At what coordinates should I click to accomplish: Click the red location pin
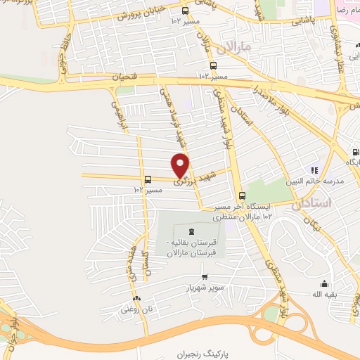pos(181,165)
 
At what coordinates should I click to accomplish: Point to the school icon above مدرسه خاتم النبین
pos(315,169)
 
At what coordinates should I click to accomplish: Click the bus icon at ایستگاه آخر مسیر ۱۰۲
pos(242,196)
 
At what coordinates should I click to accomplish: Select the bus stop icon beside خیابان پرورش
pos(186,11)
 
